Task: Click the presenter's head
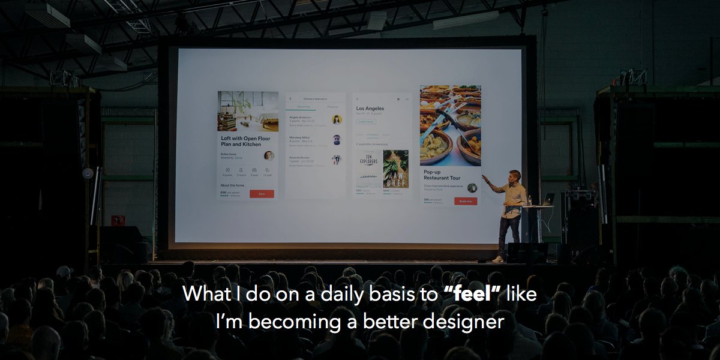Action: click(x=515, y=176)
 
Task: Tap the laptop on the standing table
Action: click(x=547, y=199)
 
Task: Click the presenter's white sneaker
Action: click(x=497, y=259)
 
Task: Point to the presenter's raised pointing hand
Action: click(x=485, y=179)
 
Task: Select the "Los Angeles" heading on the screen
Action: click(x=370, y=109)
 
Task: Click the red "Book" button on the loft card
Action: click(x=262, y=194)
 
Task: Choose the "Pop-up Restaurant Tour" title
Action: click(x=442, y=175)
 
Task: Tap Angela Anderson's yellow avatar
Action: click(x=337, y=119)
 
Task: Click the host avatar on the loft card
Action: click(x=268, y=155)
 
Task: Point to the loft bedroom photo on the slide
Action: click(x=248, y=111)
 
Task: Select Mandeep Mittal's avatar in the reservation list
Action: click(x=337, y=140)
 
